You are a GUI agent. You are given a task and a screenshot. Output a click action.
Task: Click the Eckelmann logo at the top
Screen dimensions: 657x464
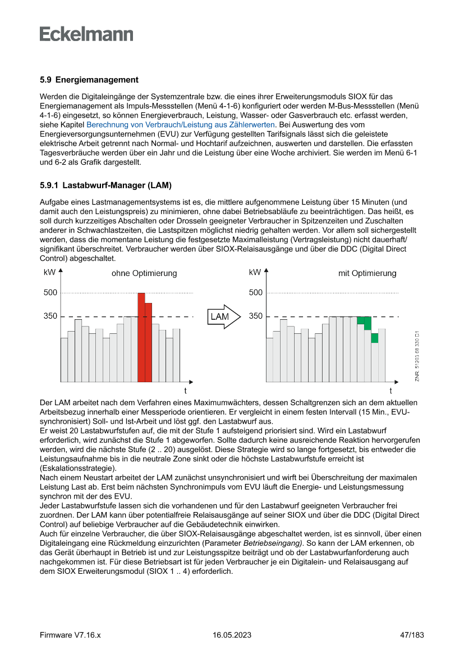tap(86, 34)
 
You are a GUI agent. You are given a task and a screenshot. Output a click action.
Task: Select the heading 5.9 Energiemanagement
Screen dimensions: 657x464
tap(89, 80)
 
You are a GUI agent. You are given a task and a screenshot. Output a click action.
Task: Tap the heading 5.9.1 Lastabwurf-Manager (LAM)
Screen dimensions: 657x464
tap(105, 185)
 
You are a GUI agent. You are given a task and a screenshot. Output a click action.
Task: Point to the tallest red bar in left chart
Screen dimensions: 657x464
tap(141, 337)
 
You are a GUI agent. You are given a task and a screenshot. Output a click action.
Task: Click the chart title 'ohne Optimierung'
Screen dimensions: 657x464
tap(144, 274)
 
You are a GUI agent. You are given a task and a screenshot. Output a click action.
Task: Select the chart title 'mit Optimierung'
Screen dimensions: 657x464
tap(367, 274)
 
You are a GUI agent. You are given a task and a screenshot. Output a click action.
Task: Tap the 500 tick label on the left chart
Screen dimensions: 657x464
tap(50, 293)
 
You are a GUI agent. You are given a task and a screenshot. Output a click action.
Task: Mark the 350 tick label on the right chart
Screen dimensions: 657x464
tap(256, 316)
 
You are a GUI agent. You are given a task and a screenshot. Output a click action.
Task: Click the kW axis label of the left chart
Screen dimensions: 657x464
tap(49, 273)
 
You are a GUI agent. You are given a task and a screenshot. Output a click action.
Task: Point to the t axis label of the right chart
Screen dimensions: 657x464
tap(391, 390)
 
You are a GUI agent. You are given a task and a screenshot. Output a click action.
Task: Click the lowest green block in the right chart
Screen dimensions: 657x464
tap(374, 338)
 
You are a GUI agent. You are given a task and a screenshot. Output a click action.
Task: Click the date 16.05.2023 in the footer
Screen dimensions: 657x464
tap(232, 635)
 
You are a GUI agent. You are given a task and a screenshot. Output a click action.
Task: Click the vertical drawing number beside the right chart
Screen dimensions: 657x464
tap(417, 357)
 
